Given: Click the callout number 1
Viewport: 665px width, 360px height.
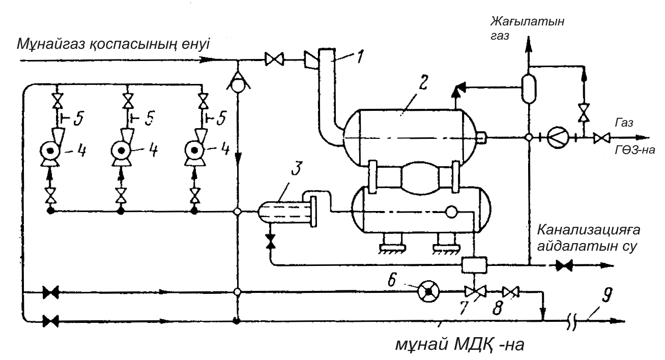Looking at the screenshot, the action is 360,56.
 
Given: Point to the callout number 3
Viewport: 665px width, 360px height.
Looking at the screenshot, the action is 297,168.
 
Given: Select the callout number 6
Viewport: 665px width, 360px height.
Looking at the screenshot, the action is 392,280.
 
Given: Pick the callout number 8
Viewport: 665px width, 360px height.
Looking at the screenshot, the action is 498,308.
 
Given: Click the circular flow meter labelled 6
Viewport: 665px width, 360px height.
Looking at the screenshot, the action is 429,292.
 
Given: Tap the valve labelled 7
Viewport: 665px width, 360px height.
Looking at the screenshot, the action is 476,292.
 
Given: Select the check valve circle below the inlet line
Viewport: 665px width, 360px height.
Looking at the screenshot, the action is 238,86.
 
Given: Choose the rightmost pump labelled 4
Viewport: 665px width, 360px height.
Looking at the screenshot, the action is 194,151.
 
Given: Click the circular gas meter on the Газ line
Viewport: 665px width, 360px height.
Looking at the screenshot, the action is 558,137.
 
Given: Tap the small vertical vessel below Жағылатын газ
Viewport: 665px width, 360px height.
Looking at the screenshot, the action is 529,89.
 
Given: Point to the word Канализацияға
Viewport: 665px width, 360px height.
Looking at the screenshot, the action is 589,230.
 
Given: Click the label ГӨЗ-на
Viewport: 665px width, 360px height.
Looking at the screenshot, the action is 635,150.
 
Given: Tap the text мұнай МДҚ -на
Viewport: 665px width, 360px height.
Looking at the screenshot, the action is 459,345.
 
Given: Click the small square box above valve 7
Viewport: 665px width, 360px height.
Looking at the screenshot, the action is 474,265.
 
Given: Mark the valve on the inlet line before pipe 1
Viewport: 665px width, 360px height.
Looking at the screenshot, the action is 274,59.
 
